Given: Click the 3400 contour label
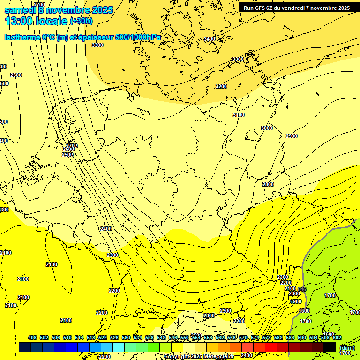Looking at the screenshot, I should (210, 39).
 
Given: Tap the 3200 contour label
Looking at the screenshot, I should (221, 86).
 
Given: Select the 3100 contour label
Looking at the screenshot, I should (239, 115).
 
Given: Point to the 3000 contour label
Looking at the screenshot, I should (266, 128).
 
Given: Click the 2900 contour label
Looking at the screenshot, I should (291, 136).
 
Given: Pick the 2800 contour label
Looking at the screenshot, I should (268, 184).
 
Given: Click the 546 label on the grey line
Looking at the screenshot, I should (302, 289).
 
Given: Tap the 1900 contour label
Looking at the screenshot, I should (296, 301).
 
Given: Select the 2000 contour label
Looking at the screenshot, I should (294, 294).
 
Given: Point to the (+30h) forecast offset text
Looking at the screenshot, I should (82, 21).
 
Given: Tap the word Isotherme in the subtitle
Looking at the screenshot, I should (22, 37).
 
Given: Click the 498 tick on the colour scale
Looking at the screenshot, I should (32, 337).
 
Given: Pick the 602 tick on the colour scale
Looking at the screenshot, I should (337, 337).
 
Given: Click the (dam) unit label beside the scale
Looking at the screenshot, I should (347, 347).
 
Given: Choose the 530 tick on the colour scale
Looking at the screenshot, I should (126, 337).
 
